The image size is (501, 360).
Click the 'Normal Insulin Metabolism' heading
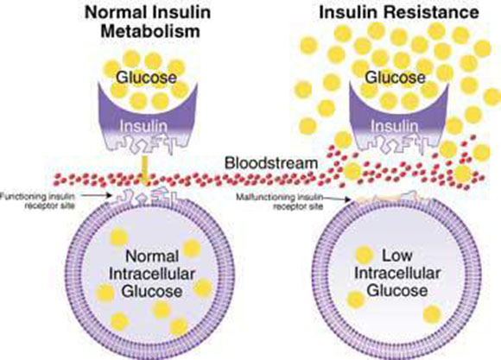coord(148,22)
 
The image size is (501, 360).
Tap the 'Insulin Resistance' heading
coord(399,12)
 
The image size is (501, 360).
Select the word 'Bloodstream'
coord(271,163)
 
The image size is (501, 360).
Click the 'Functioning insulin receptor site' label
coord(38,201)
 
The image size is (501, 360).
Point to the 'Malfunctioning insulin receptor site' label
coord(280,202)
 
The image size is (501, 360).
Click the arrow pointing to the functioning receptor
coord(96,195)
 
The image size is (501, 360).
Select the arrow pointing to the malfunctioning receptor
coord(337,199)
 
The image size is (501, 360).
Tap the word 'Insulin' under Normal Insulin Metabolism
coord(143,127)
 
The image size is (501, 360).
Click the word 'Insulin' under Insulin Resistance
coord(394,127)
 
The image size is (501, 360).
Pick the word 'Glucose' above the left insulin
coord(146,78)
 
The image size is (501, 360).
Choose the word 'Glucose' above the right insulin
coord(396,78)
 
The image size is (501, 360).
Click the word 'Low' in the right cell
coord(397,256)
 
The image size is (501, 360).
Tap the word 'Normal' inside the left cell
coord(152,256)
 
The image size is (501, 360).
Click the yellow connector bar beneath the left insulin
coord(145,169)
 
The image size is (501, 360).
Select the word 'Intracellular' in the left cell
coord(152,274)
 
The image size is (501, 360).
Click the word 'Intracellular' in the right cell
coord(397,273)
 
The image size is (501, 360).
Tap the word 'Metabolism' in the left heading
coord(150,31)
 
